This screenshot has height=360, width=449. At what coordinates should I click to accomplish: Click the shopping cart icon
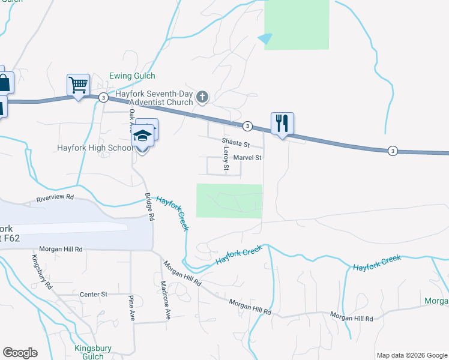[x=78, y=85]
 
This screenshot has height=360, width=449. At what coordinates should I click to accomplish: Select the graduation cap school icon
[x=142, y=136]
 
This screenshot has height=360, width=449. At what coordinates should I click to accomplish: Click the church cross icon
[x=203, y=96]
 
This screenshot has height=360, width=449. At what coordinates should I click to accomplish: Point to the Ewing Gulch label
[x=132, y=76]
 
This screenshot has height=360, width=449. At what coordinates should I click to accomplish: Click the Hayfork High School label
[x=95, y=148]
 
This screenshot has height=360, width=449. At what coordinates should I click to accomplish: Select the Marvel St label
[x=248, y=158]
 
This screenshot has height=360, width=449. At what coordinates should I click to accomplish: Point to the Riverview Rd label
[x=55, y=197]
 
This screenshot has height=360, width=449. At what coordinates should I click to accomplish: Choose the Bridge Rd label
[x=150, y=206]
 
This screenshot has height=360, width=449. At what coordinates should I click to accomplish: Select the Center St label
[x=93, y=295]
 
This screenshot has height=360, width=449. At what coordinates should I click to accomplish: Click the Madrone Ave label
[x=166, y=300]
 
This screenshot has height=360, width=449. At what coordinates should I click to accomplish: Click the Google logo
[x=20, y=353]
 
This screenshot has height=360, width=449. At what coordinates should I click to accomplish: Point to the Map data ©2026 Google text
[x=411, y=355]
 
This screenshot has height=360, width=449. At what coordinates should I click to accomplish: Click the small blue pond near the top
[x=265, y=38]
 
